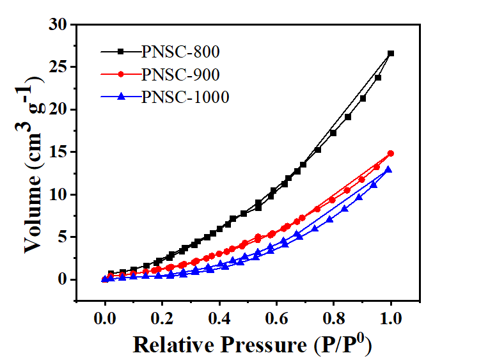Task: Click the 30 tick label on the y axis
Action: pos(59,25)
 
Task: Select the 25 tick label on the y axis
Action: pos(59,67)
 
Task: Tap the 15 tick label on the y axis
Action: pos(59,152)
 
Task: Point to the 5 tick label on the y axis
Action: pos(63,237)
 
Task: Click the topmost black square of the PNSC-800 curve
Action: pos(391,54)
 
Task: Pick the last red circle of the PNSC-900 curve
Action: pos(391,153)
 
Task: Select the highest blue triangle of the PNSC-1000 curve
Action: pos(388,169)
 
